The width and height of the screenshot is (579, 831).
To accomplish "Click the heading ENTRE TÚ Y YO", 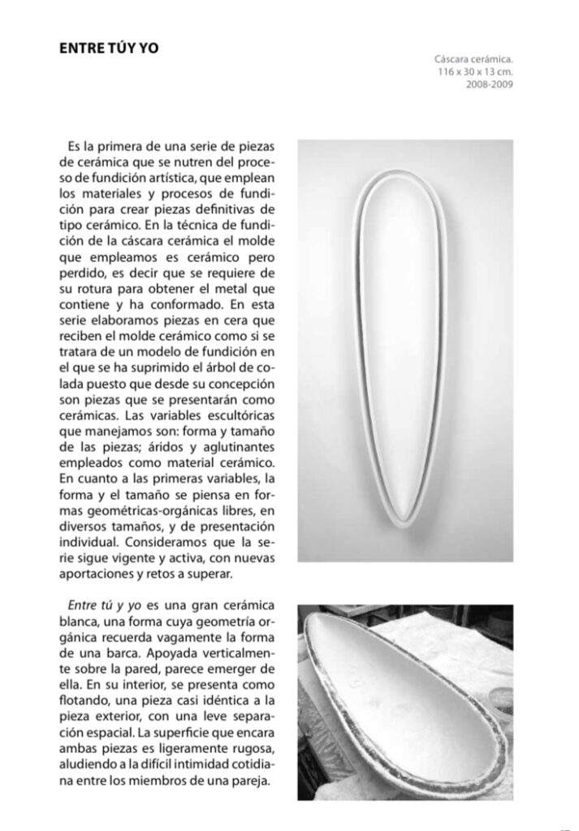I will click(109, 49).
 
